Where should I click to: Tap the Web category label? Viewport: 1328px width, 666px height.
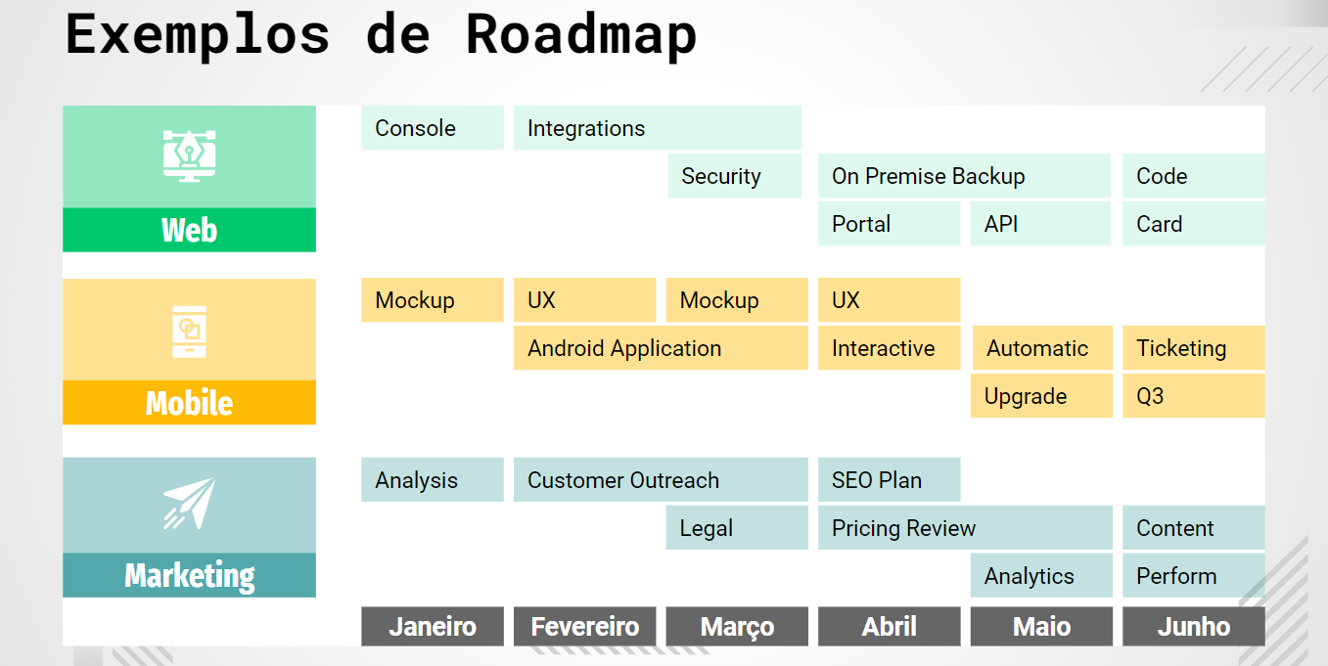point(189,231)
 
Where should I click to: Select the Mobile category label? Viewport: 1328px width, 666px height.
point(189,403)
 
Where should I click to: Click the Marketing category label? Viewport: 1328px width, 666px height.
point(189,576)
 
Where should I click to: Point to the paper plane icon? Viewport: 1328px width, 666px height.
point(189,504)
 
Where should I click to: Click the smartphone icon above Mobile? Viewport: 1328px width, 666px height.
point(189,331)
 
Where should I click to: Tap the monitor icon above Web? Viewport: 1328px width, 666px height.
point(189,155)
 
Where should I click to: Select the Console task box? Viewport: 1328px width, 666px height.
point(432,128)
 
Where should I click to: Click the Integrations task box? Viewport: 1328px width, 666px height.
point(657,128)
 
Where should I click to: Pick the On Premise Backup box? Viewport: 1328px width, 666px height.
point(964,176)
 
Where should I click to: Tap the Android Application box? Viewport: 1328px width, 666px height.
point(661,348)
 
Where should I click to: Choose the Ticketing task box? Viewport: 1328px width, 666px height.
point(1193,348)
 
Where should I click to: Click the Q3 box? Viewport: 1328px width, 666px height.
point(1193,396)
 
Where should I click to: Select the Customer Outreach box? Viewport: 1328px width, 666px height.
point(661,480)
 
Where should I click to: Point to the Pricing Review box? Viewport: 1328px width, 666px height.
point(964,528)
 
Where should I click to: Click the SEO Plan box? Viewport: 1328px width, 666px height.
point(889,480)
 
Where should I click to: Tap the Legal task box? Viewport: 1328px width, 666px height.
point(737,528)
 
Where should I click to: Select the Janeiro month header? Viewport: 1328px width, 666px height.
point(432,627)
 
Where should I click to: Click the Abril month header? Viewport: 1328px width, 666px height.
point(889,627)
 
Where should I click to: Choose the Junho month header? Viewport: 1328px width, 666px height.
point(1193,627)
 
